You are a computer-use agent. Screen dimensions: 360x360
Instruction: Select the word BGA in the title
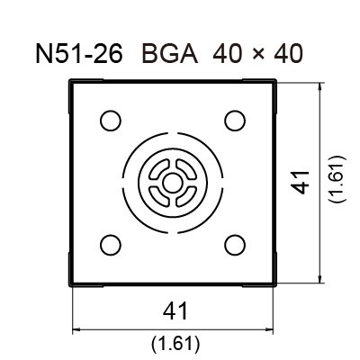click(x=171, y=56)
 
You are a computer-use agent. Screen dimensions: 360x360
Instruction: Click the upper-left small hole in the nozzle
click(x=110, y=120)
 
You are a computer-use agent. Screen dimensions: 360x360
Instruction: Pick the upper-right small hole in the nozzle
click(x=235, y=120)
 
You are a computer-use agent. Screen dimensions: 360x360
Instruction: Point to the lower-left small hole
click(x=110, y=243)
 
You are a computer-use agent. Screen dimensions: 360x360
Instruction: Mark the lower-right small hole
click(x=235, y=243)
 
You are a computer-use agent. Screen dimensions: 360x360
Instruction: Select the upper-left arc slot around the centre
click(x=160, y=169)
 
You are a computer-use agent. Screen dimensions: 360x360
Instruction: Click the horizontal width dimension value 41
click(x=175, y=311)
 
